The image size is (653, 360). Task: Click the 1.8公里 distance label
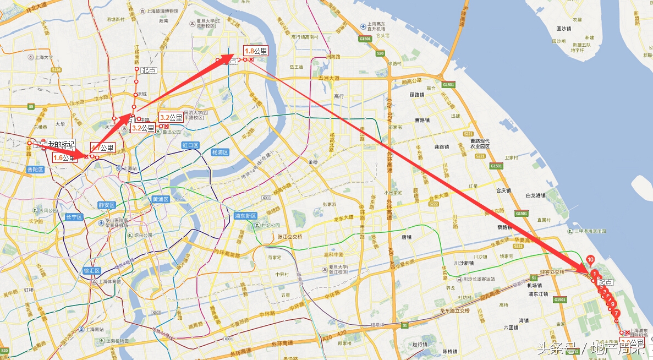pos(255,51)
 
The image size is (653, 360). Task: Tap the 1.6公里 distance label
pos(64,158)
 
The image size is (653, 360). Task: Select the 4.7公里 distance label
pos(102,148)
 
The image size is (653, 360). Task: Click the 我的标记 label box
pos(61,145)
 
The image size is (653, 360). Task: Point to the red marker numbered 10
pos(590,259)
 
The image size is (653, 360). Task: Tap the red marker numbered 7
pos(616,313)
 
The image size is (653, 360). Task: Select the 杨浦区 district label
pos(220,152)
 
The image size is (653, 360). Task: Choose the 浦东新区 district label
pos(245,215)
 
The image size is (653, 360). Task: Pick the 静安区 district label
pos(106,205)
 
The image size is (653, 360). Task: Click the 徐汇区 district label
pos(91,271)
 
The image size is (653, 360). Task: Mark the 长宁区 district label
pos(73,217)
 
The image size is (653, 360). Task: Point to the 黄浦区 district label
pos(161,199)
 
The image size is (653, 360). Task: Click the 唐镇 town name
pos(407,237)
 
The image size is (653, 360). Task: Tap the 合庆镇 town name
pos(503,190)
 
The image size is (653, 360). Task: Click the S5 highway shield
pos(31,106)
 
